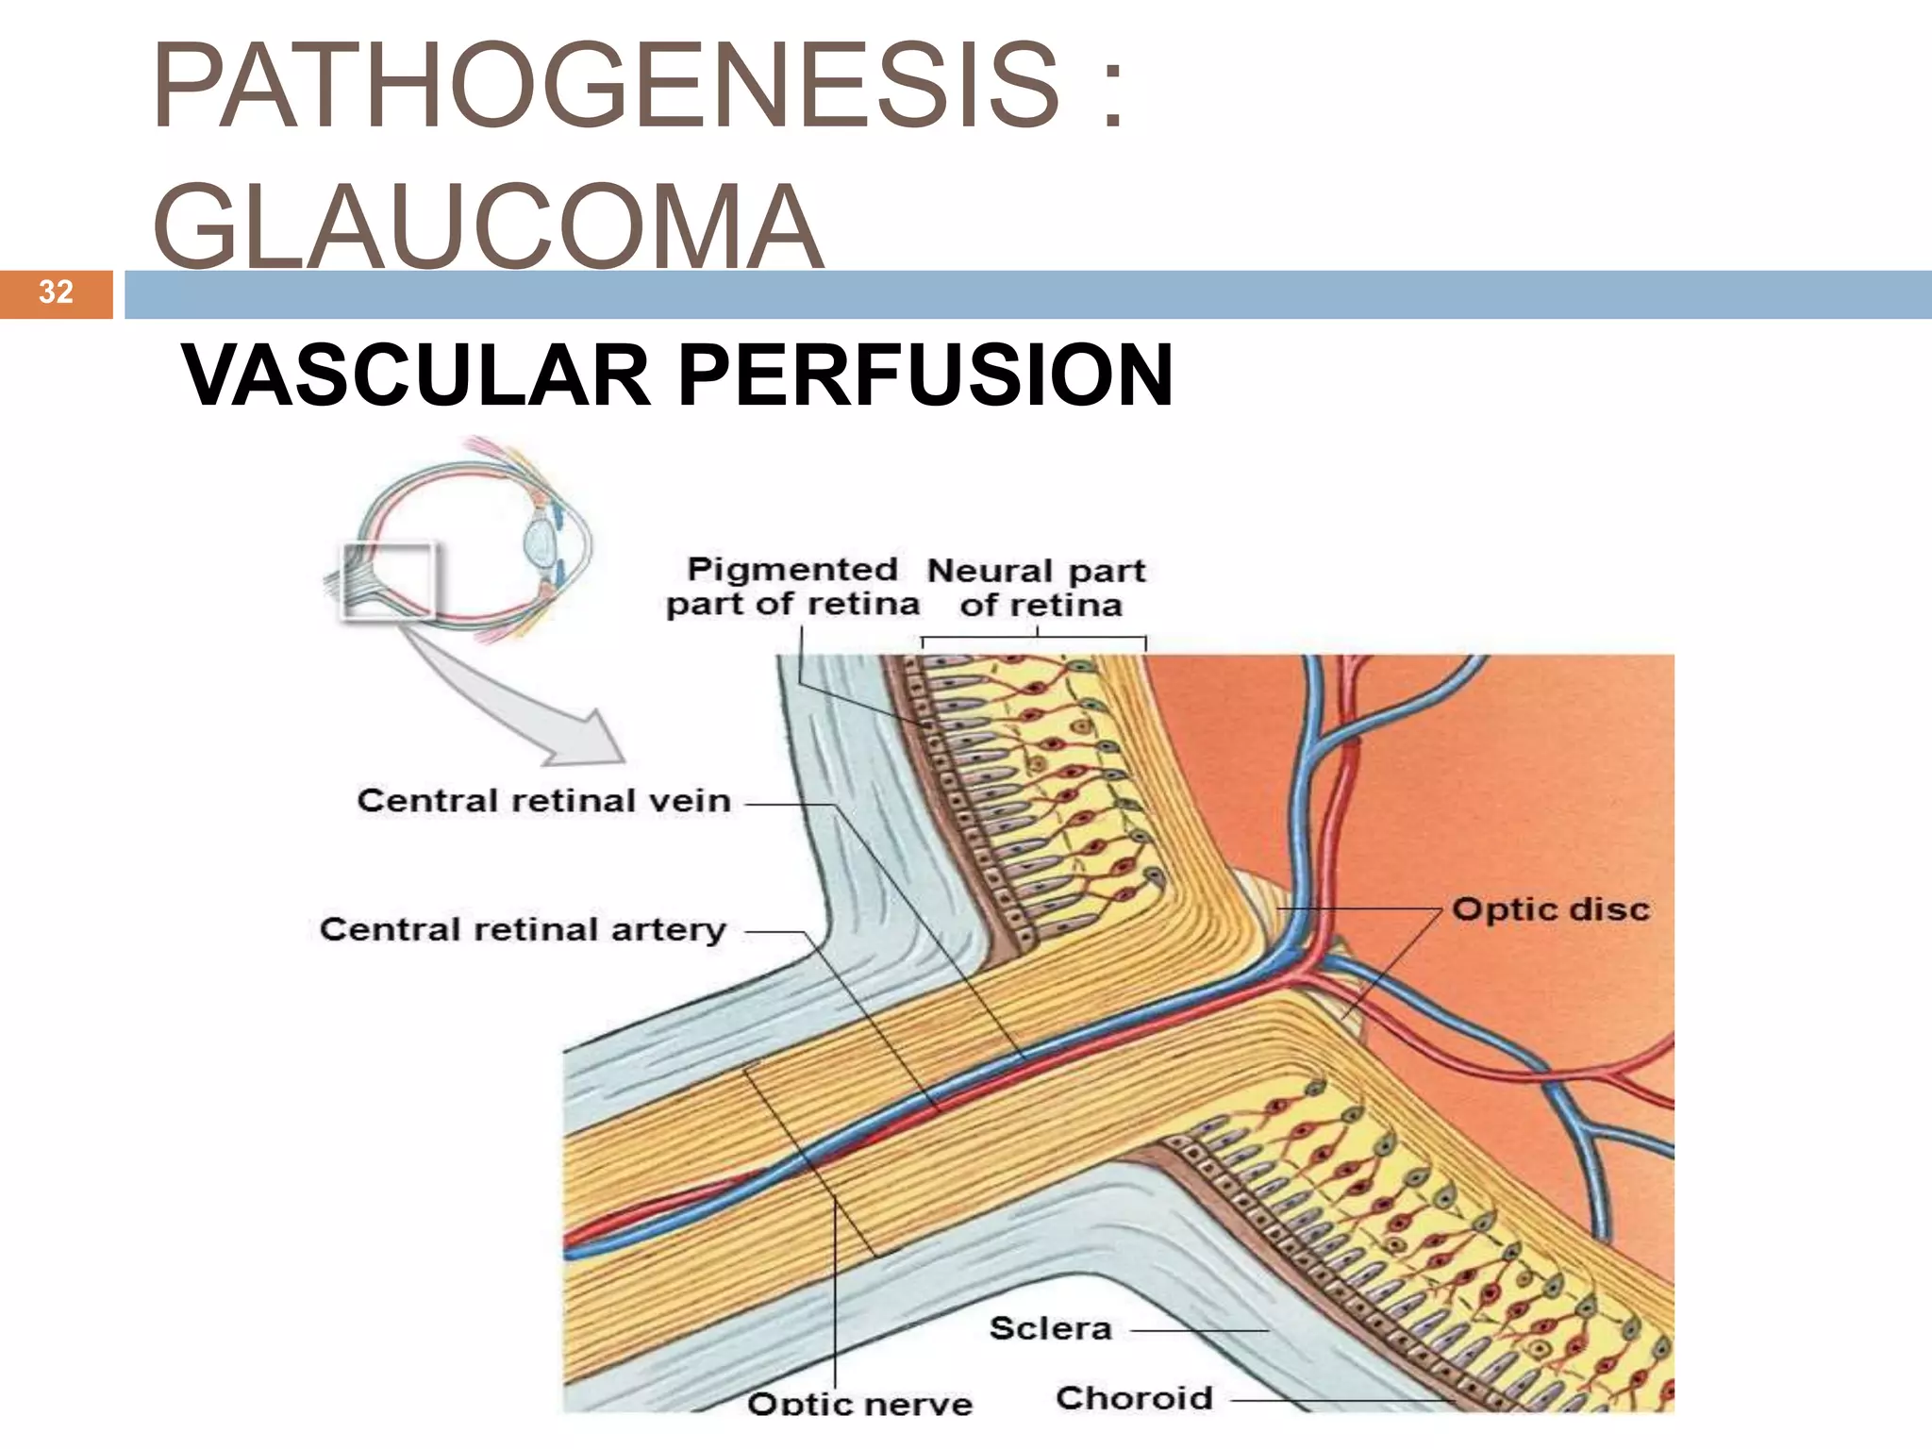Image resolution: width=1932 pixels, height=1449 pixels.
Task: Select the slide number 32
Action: [x=56, y=291]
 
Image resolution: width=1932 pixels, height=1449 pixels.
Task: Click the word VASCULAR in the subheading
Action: [x=416, y=375]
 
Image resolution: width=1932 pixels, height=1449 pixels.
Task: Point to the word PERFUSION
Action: [x=924, y=375]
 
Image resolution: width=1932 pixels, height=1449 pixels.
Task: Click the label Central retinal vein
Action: [x=543, y=801]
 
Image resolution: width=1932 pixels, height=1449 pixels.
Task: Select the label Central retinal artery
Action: [x=523, y=929]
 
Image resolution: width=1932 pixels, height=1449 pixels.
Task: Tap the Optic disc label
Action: [x=1551, y=909]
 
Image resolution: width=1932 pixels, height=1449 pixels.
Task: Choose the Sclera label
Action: [x=1050, y=1328]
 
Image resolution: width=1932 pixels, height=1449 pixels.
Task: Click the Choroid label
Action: [x=1134, y=1398]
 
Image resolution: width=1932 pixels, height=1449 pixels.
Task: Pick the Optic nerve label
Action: [x=859, y=1403]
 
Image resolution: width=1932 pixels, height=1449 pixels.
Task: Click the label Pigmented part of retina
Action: [x=792, y=587]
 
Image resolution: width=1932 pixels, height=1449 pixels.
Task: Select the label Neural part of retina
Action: [x=1038, y=588]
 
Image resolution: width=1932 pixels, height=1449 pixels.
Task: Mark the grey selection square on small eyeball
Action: [x=388, y=580]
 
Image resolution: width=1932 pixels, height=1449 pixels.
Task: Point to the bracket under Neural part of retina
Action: [x=1034, y=639]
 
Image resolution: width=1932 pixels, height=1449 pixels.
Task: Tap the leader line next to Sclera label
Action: [x=1198, y=1330]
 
